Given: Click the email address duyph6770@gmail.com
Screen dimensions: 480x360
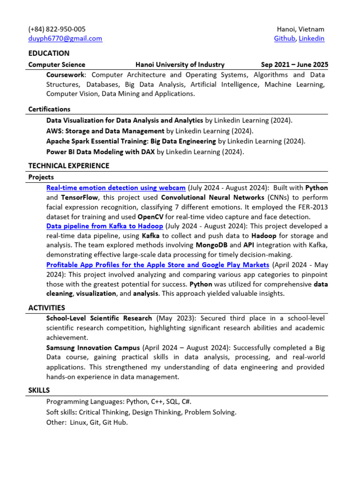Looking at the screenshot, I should [x=65, y=38].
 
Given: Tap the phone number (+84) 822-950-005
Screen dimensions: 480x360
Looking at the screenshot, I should [x=57, y=29].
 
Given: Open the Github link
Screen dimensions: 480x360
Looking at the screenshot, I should [x=285, y=38].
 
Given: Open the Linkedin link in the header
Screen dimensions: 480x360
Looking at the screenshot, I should [x=311, y=38].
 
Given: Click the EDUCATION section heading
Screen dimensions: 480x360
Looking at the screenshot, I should [x=49, y=53].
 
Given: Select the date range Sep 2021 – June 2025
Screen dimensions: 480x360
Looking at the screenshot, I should [x=294, y=65].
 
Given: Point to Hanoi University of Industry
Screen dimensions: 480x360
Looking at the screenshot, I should [x=180, y=65].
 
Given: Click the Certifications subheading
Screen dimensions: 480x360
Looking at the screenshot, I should [x=49, y=109].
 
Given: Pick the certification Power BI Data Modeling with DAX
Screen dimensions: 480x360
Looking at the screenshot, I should [x=100, y=152].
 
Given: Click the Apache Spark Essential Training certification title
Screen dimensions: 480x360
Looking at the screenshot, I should [x=131, y=141].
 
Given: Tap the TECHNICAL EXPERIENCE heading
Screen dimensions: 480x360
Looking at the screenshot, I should [x=69, y=165].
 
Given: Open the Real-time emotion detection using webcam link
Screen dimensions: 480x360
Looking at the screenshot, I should [x=116, y=187].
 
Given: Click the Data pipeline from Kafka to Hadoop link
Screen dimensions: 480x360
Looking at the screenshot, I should [x=105, y=226].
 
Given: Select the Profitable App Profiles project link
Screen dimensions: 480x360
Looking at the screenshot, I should [x=157, y=265].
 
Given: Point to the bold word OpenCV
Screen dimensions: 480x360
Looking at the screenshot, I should [x=150, y=217].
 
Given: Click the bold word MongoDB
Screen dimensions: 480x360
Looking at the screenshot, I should [x=212, y=245].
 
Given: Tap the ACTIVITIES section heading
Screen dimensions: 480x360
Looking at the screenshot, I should [x=46, y=308].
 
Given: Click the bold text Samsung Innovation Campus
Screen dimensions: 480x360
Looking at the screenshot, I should [x=93, y=348].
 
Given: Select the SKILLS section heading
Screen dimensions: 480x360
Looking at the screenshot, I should [x=39, y=390].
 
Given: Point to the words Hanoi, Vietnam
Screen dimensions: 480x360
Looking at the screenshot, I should [x=300, y=29].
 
